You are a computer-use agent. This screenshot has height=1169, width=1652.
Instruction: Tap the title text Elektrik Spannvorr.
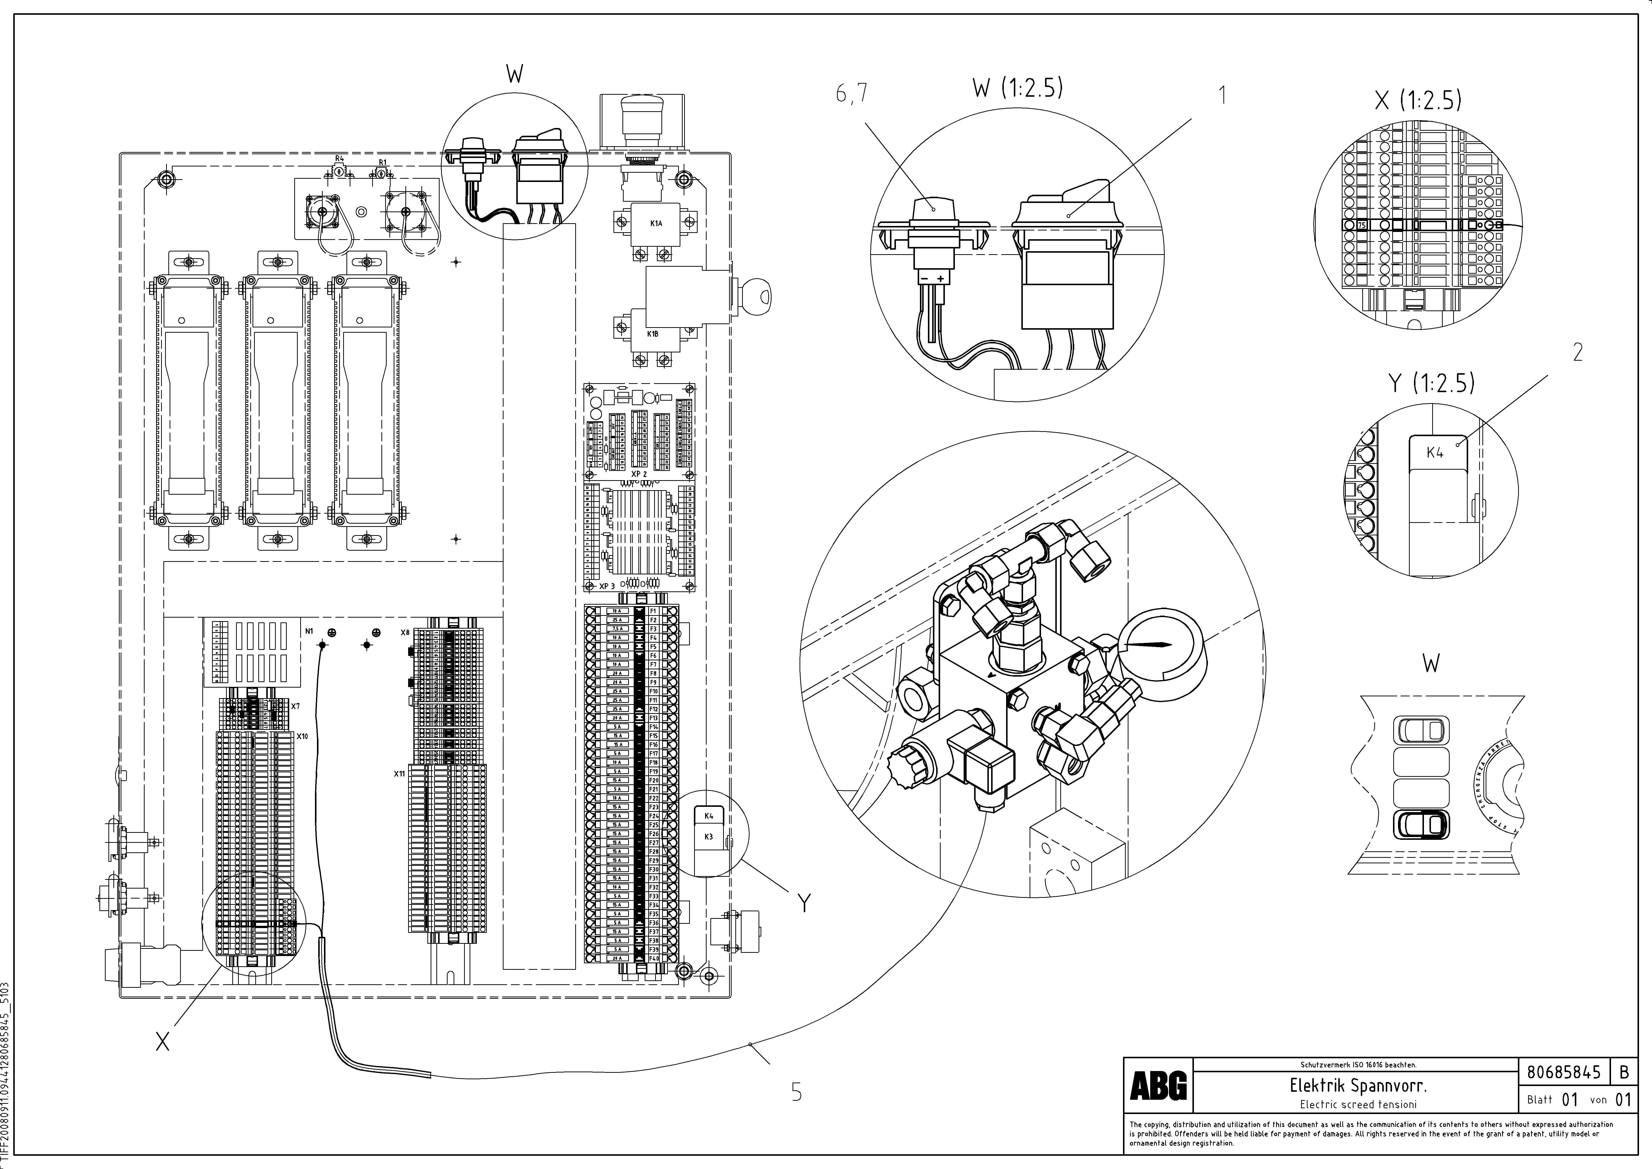(1358, 1085)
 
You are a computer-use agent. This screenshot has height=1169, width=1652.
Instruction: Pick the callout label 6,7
(852, 94)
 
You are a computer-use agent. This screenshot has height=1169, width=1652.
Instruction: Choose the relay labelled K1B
(653, 334)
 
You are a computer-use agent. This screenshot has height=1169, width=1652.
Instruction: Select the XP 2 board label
(639, 474)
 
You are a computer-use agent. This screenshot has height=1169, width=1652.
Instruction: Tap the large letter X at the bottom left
(163, 1041)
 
